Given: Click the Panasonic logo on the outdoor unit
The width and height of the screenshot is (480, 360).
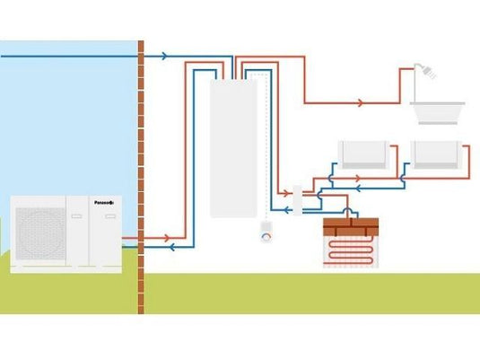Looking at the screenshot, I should pos(105,203).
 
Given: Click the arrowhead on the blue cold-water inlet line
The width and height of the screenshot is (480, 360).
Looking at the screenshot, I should pos(163,56).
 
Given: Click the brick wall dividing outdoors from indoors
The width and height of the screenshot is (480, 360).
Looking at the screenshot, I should pos(141,180).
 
